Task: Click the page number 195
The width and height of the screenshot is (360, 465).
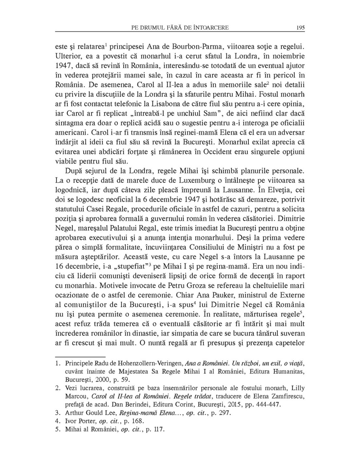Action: click(300, 28)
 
